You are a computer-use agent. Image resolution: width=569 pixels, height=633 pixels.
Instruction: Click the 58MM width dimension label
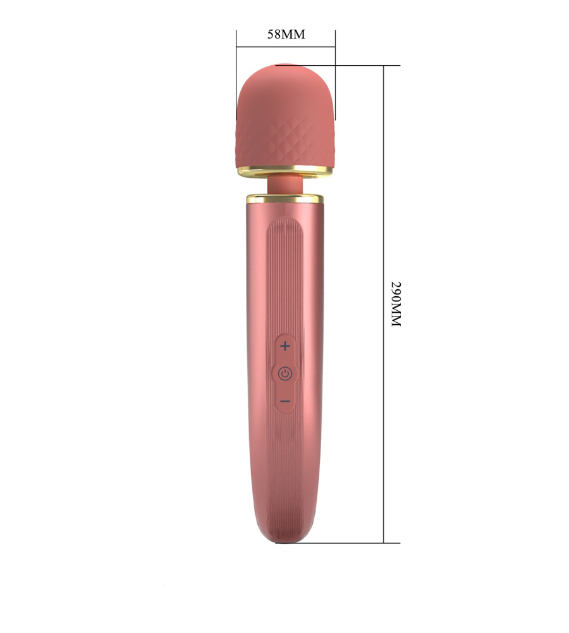coord(286,34)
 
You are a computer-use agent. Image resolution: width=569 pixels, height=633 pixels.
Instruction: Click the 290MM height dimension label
coord(396,304)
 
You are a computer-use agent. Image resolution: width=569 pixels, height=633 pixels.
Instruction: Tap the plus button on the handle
coord(285,346)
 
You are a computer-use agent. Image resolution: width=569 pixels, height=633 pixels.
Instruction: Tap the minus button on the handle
coord(285,401)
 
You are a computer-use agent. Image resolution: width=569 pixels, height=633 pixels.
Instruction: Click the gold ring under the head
coord(285,171)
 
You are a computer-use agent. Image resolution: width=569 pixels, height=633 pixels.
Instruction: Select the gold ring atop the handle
coord(285,198)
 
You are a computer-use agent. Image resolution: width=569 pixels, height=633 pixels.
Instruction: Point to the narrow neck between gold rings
coord(285,185)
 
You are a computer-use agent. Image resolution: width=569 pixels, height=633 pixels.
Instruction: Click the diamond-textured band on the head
coord(285,143)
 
